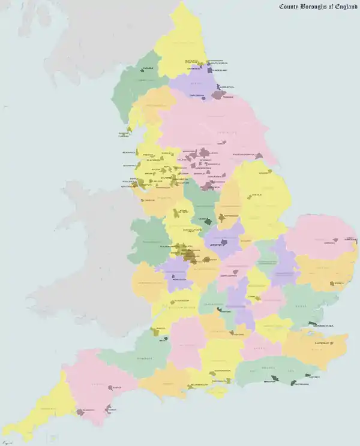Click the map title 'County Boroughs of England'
(319, 7)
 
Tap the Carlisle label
(148, 68)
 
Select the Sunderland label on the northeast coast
(219, 70)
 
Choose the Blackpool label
(128, 152)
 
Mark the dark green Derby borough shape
(208, 222)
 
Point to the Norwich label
(329, 243)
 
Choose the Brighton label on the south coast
(272, 381)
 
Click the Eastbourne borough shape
(293, 381)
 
